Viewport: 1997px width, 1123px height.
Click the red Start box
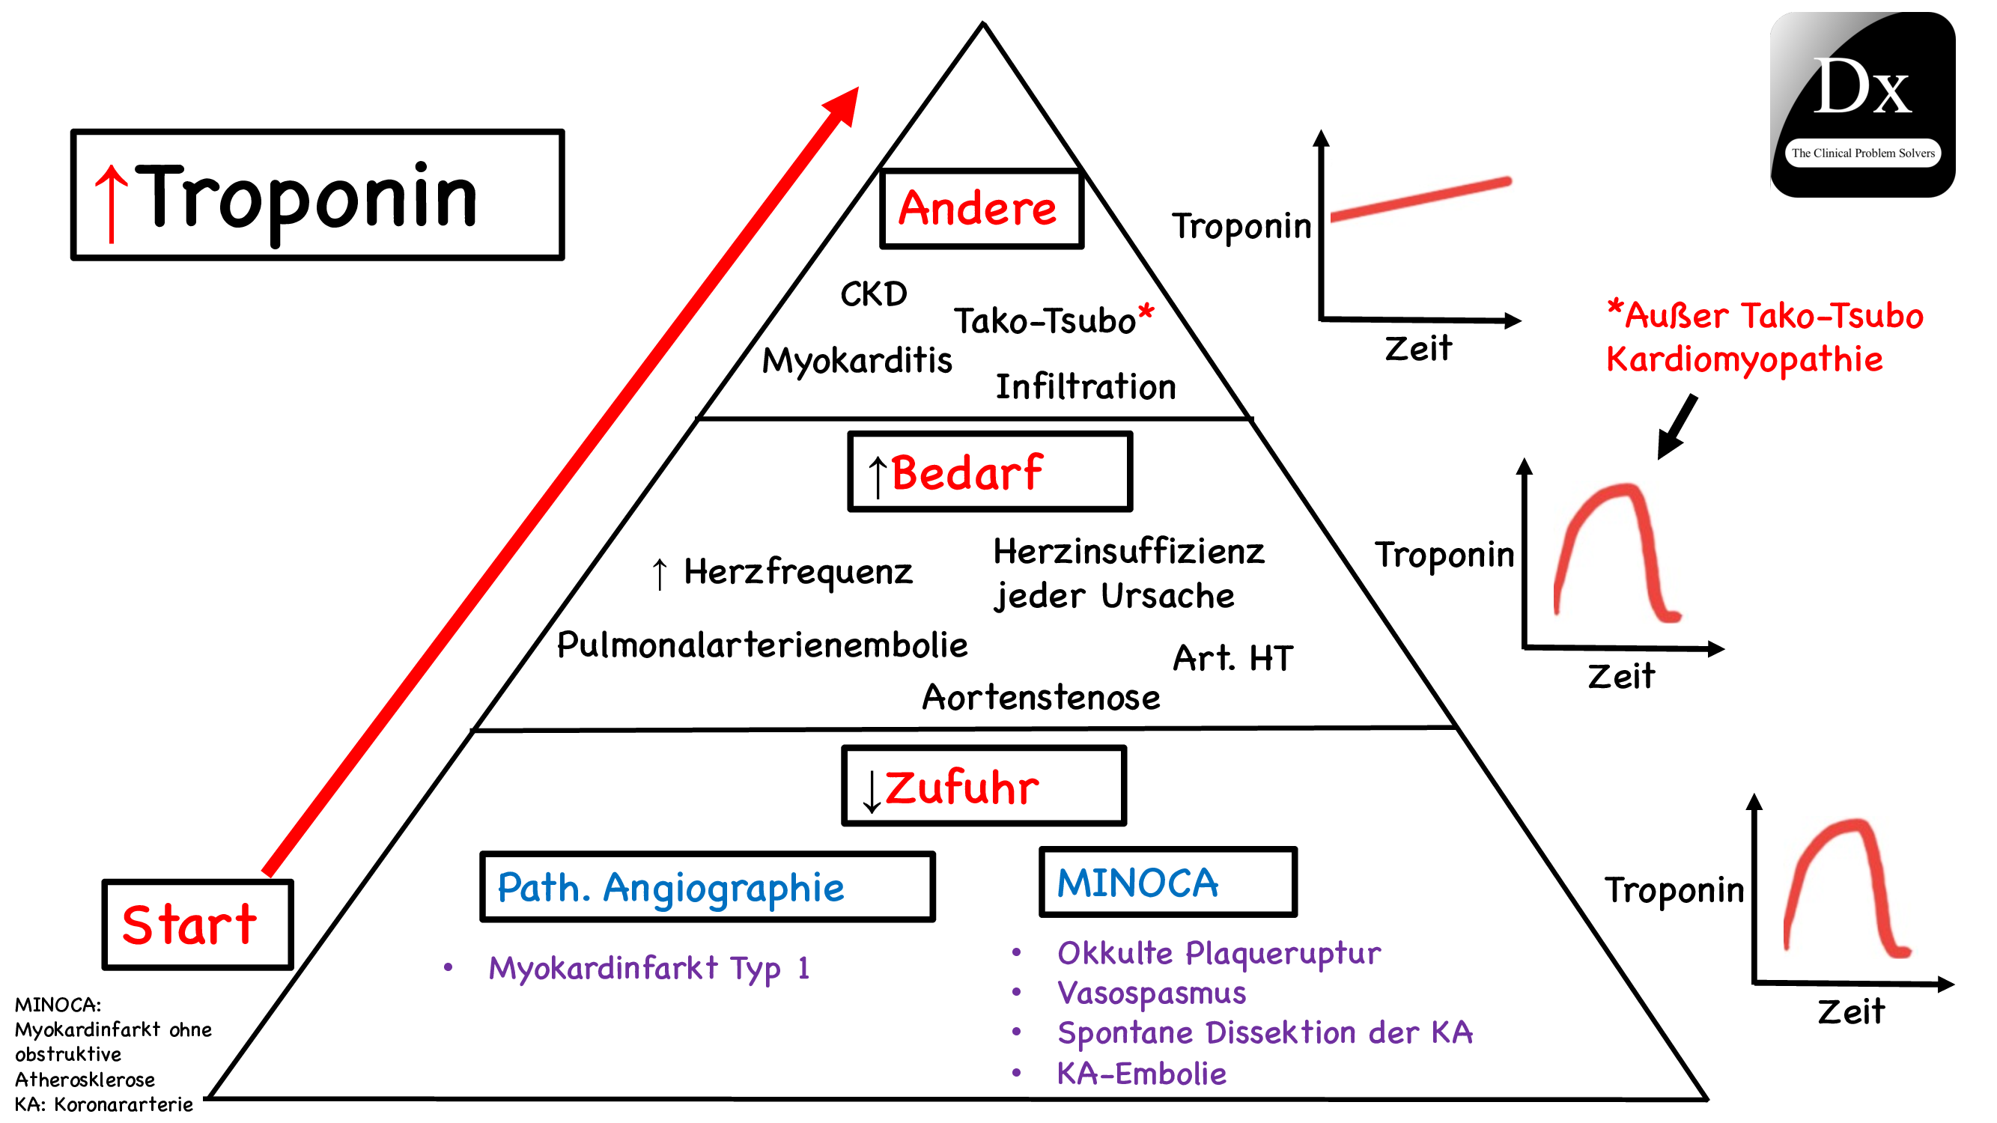click(x=198, y=924)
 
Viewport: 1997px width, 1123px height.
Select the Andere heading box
click(x=981, y=208)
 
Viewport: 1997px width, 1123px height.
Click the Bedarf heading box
click(x=989, y=472)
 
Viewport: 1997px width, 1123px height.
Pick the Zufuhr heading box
click(x=983, y=786)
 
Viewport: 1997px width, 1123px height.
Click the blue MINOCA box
click(x=1167, y=882)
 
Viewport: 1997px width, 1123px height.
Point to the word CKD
click(x=873, y=294)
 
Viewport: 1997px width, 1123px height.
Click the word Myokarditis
click(x=857, y=360)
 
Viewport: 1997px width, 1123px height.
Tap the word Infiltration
click(x=1084, y=387)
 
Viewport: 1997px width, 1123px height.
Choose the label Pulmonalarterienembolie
click(x=762, y=645)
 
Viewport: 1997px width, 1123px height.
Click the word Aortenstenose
click(x=1040, y=698)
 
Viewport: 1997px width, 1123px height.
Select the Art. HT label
click(x=1232, y=658)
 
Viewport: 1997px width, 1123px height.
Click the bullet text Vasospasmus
click(x=1150, y=993)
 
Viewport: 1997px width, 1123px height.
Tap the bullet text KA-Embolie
click(x=1141, y=1074)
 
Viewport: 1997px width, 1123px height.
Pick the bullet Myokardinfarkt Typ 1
click(x=648, y=968)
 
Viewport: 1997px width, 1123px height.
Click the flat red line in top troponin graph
click(x=1420, y=200)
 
